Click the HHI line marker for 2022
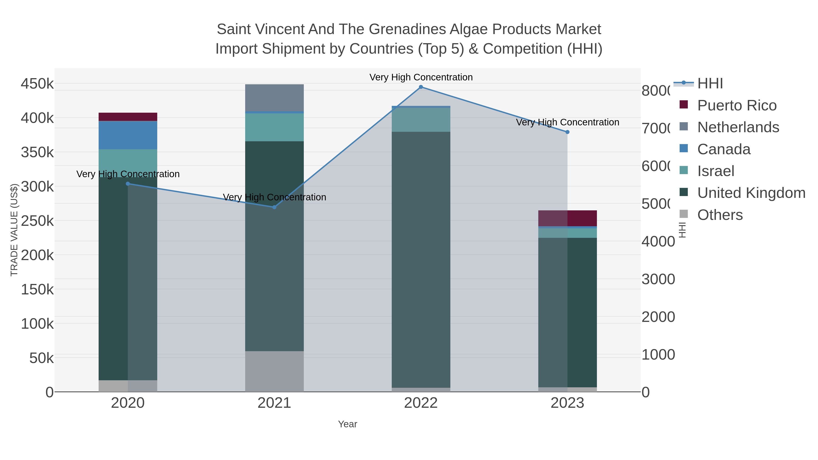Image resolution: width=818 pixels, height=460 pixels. point(421,87)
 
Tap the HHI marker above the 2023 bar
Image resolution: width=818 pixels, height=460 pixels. point(567,132)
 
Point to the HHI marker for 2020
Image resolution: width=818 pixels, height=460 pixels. point(128,184)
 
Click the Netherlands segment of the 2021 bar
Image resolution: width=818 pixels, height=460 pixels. point(274,98)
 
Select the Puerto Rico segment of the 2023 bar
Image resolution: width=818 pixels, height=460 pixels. point(567,218)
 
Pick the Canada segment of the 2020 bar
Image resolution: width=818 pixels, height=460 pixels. point(128,135)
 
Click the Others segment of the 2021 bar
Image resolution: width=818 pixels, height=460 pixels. point(274,371)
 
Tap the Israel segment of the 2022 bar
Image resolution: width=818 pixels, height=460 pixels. point(421,120)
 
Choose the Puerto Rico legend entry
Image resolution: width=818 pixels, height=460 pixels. point(737,105)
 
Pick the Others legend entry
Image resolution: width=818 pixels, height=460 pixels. point(720,215)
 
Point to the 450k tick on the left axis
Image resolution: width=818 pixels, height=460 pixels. point(37,84)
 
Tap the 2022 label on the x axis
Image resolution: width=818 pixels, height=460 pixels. point(421,403)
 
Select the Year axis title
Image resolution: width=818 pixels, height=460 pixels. point(347,424)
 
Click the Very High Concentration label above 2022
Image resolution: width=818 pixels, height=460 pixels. point(421,77)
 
